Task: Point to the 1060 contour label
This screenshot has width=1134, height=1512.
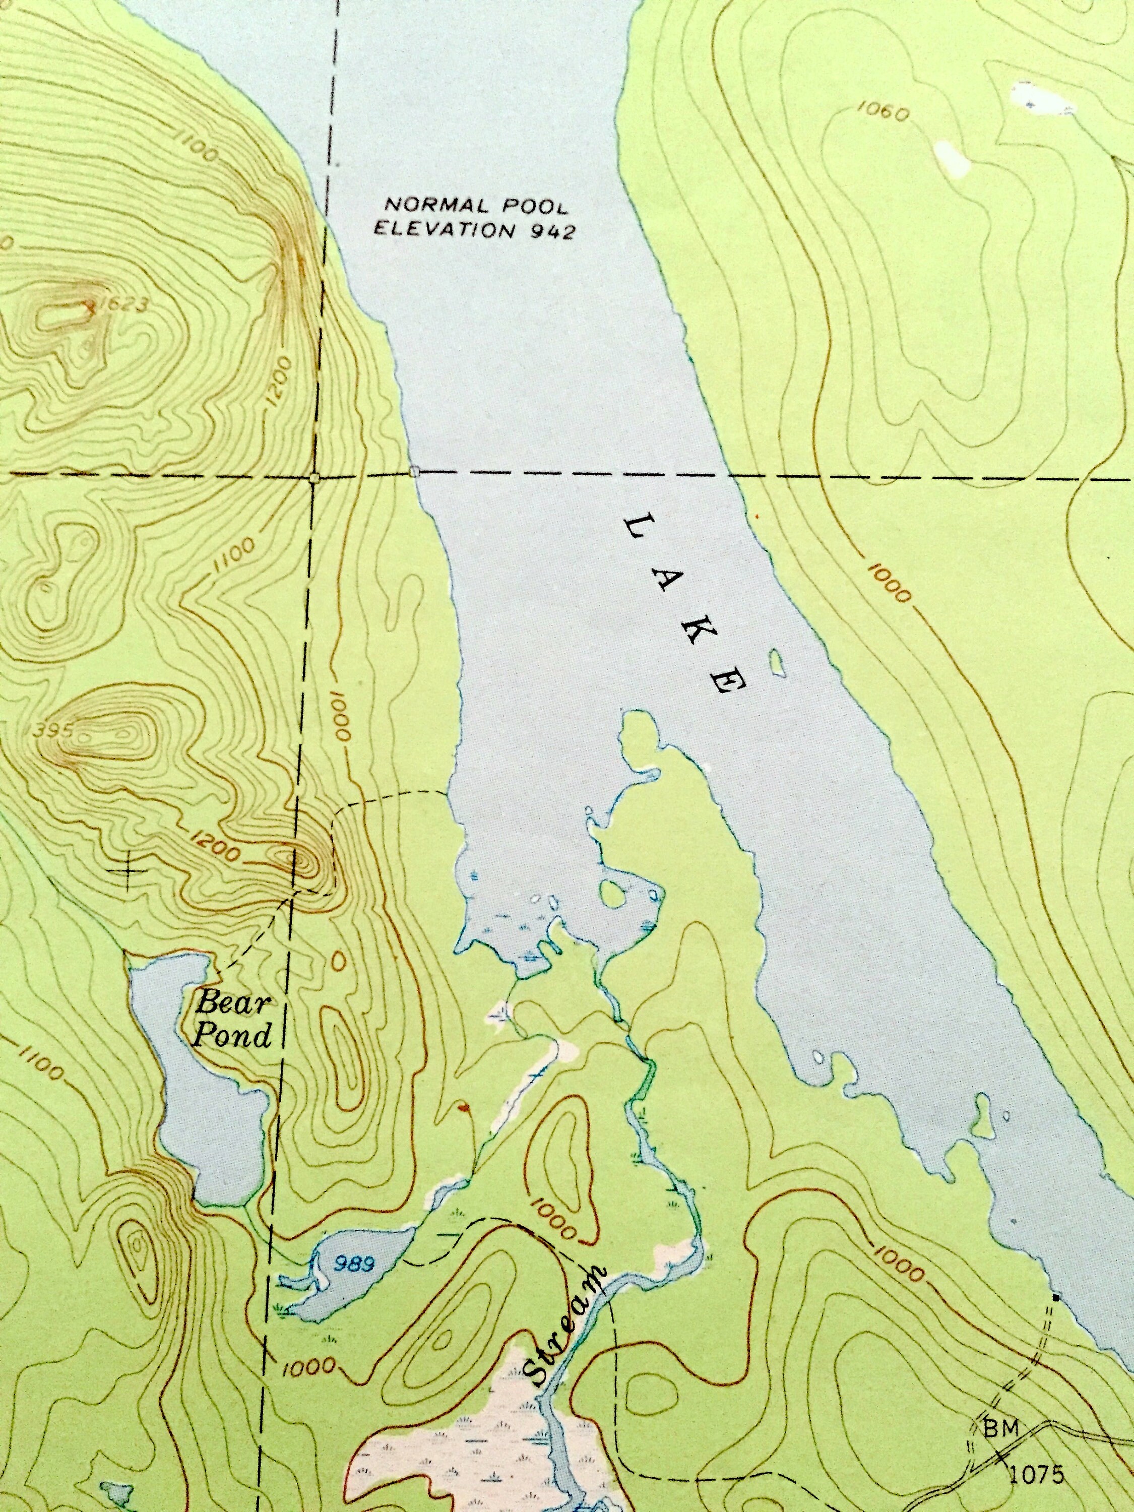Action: point(883,112)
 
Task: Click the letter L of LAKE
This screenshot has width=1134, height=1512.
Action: point(641,528)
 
